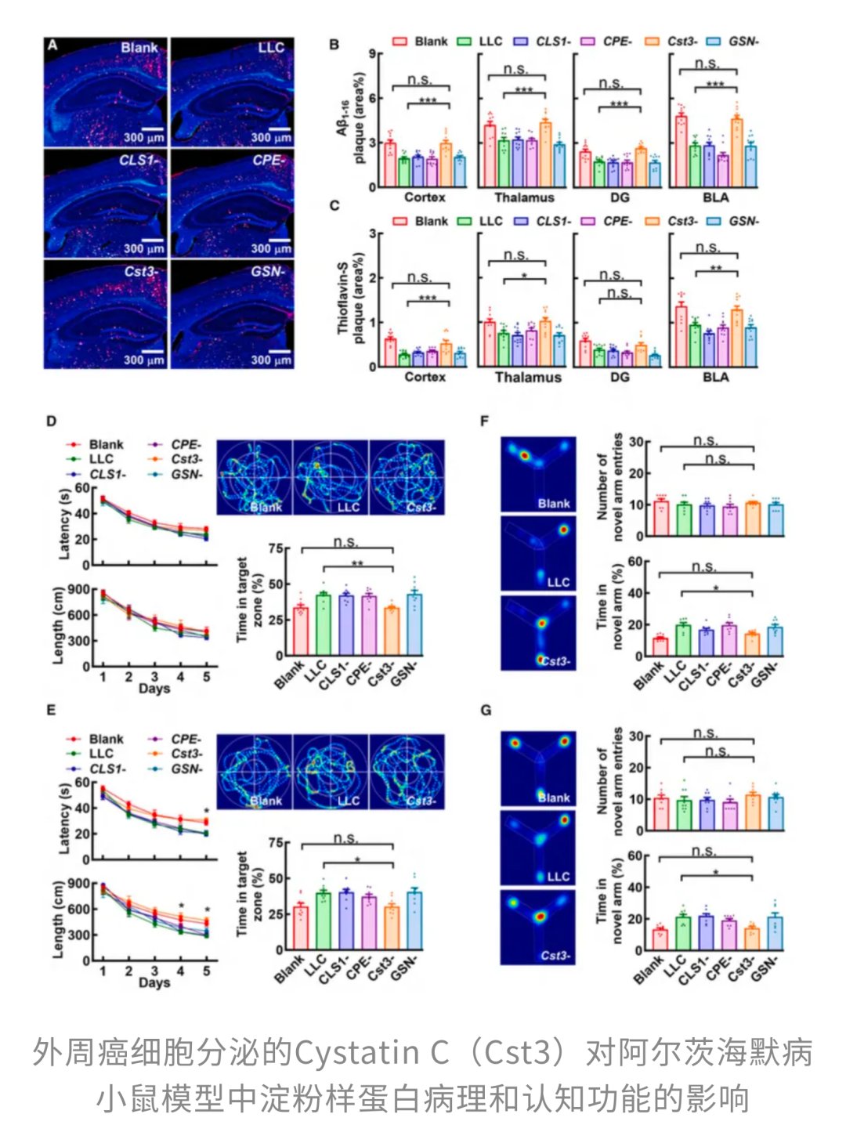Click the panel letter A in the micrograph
click(x=52, y=45)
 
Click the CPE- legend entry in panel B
click(x=616, y=41)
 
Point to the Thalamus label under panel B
click(x=524, y=197)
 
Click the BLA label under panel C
click(x=715, y=377)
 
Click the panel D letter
click(x=51, y=421)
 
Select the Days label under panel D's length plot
click(x=154, y=689)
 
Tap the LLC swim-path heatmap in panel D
click(x=330, y=477)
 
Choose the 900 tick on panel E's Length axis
click(x=78, y=884)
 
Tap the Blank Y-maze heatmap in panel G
click(x=538, y=769)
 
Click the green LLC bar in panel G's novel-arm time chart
click(x=682, y=933)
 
